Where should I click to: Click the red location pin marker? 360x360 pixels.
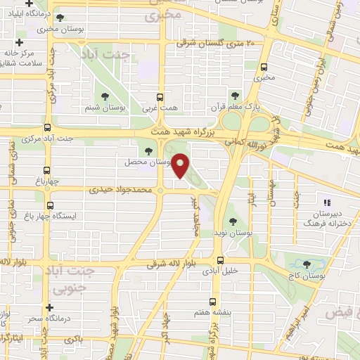click(181, 165)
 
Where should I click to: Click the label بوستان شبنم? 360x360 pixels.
click(105, 106)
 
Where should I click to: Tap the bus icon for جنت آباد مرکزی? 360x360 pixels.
click(47, 128)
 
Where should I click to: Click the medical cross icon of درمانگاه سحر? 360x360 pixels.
click(49, 307)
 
